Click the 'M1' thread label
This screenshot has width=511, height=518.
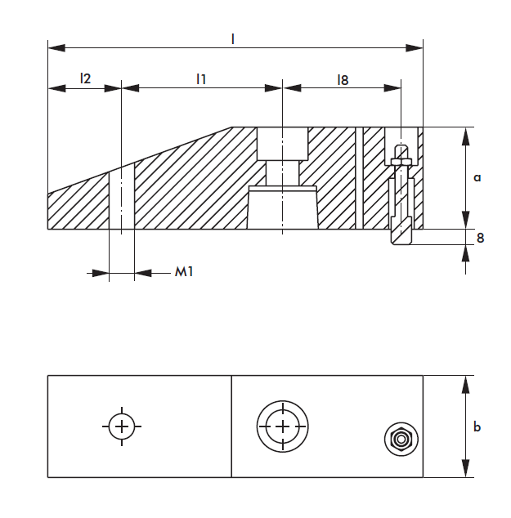click(x=183, y=272)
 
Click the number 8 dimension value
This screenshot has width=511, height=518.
click(x=480, y=238)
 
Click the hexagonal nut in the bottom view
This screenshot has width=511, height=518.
click(x=401, y=440)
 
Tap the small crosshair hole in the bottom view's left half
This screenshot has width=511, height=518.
click(x=122, y=426)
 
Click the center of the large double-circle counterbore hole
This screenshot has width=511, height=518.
click(x=283, y=426)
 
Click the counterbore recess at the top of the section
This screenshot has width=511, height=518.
click(x=283, y=144)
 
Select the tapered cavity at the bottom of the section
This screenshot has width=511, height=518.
click(x=283, y=208)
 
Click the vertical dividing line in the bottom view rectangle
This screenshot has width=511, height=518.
click(x=232, y=426)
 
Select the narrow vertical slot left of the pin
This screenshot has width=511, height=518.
click(x=357, y=178)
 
